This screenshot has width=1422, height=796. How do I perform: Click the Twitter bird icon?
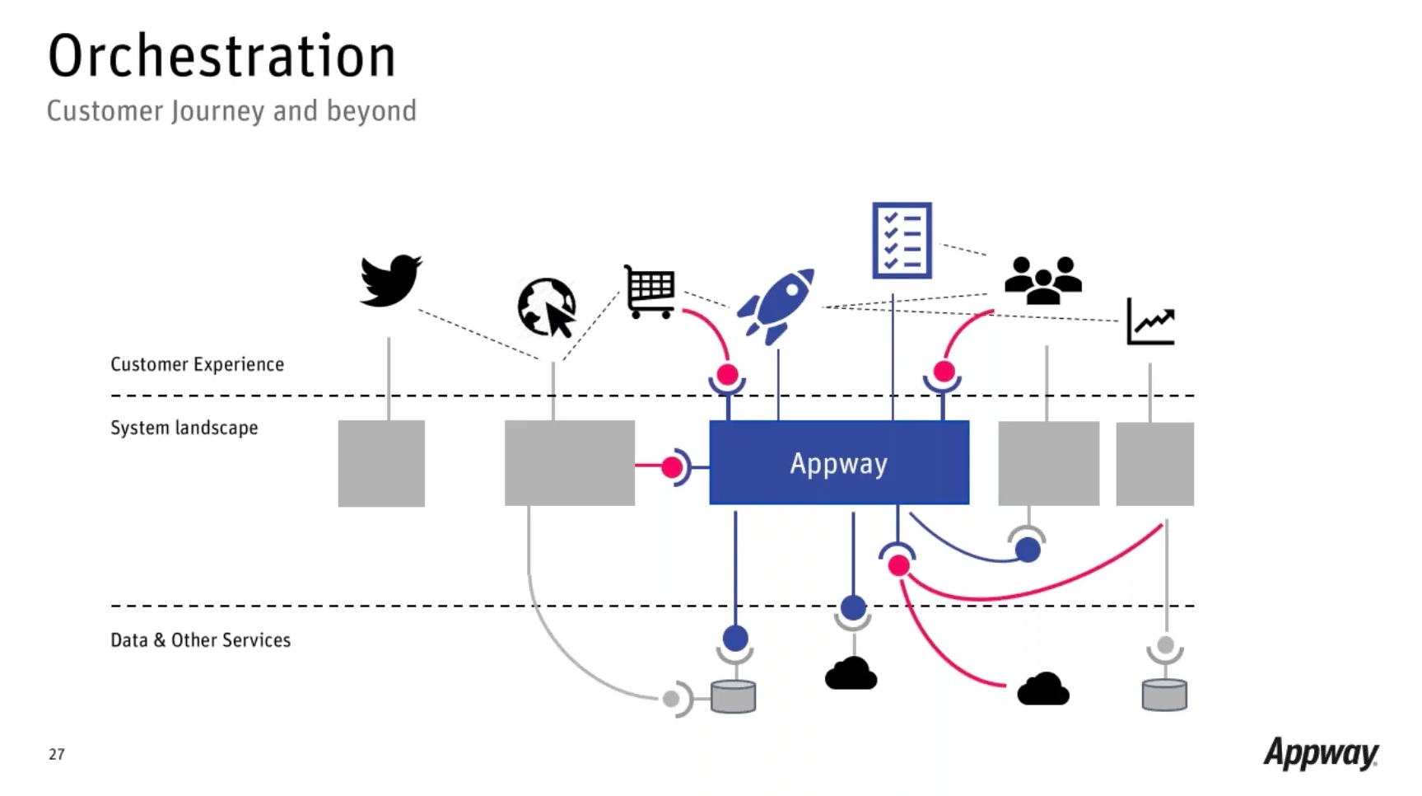(x=390, y=280)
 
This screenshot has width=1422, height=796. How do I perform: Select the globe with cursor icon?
(x=547, y=307)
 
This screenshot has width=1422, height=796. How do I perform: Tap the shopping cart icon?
(x=650, y=292)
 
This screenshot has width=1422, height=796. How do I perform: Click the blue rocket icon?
(x=776, y=305)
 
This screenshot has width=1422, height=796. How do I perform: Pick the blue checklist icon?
(x=902, y=241)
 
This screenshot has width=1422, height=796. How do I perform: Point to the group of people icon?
(x=1042, y=280)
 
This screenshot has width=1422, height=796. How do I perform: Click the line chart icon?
(x=1151, y=321)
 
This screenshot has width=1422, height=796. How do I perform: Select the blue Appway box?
(x=839, y=462)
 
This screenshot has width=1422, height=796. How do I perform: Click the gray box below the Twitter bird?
(x=381, y=463)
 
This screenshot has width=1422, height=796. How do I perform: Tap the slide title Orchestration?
(x=222, y=56)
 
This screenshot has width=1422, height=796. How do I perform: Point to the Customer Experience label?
(x=198, y=364)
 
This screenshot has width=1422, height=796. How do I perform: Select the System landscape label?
(x=184, y=428)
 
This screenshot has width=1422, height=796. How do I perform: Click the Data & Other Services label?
(x=201, y=640)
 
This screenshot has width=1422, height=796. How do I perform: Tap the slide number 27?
(x=56, y=754)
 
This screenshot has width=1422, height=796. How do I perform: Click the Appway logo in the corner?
(x=1321, y=752)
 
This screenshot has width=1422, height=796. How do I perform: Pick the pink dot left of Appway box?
(x=672, y=467)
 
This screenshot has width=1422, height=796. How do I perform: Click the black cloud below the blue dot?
(x=851, y=674)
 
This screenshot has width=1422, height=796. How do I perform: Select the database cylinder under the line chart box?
(x=1164, y=695)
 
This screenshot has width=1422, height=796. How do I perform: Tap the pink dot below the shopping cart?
(x=727, y=375)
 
